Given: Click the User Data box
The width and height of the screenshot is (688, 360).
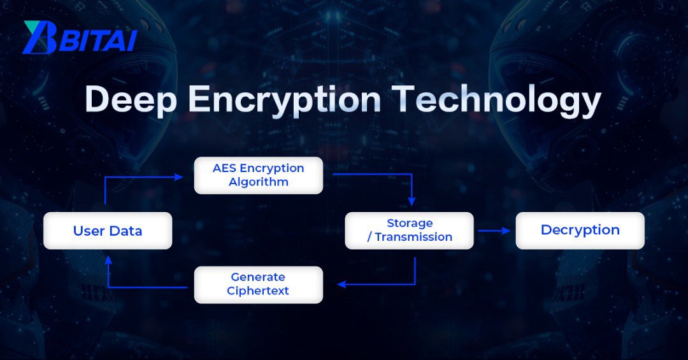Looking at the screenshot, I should [108, 231].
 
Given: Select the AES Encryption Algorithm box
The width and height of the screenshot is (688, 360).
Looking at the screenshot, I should [258, 175].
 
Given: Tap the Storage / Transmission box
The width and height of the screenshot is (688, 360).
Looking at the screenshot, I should [409, 231].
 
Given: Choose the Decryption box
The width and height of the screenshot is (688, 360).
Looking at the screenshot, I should [580, 231].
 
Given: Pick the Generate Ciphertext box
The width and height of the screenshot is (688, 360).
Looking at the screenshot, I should [258, 284].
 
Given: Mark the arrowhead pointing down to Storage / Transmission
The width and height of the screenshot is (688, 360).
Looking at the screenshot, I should [412, 201].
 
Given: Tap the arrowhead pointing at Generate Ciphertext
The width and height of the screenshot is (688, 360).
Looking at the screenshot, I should [341, 284].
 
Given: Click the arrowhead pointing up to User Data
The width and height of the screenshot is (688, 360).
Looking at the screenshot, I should [108, 260].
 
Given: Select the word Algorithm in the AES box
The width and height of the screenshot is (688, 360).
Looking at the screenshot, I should [259, 182].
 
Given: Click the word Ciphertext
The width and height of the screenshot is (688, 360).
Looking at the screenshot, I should [258, 291].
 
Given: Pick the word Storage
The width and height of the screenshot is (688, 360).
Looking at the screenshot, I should [410, 223].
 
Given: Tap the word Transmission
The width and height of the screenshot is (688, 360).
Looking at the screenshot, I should [413, 237].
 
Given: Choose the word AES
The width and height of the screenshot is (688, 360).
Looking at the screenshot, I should [225, 168].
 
